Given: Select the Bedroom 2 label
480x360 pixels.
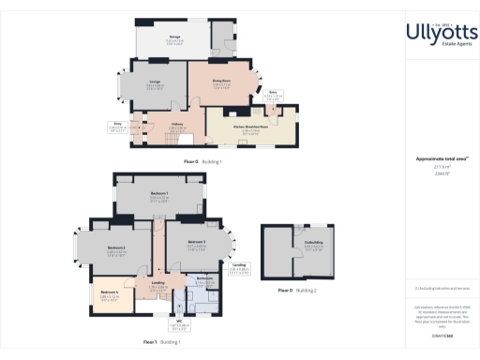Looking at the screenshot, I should pos(116,250).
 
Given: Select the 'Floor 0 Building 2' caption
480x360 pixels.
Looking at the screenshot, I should pos(299,291).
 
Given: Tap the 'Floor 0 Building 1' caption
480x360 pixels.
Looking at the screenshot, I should pos(202,161).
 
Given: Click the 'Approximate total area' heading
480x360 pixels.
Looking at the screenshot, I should pos(435,158).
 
